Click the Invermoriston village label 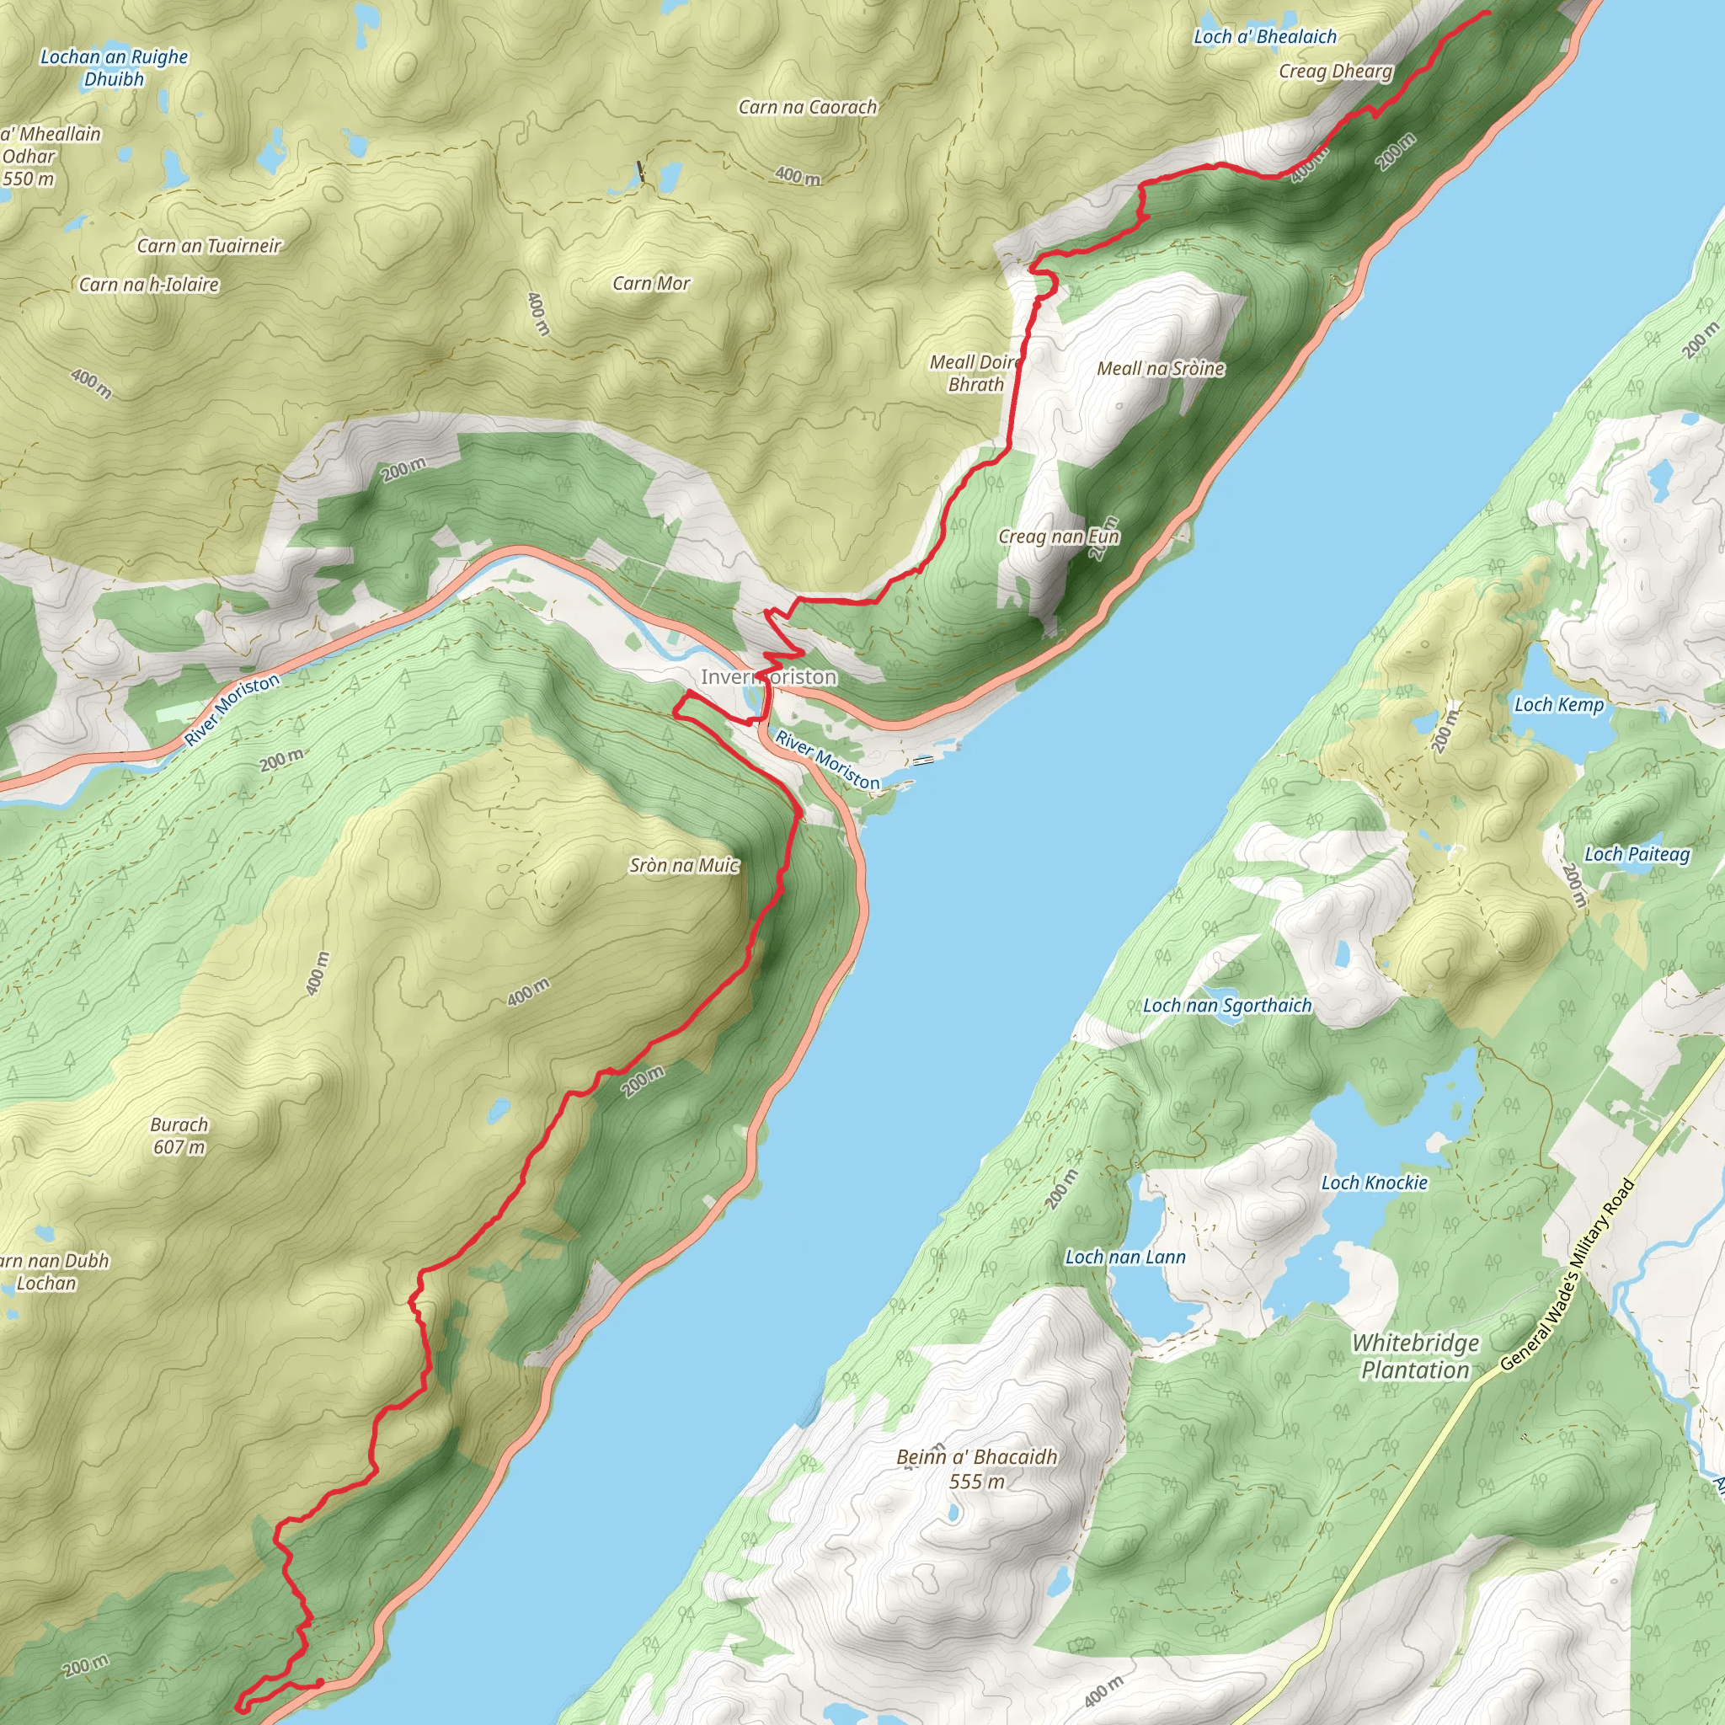(x=768, y=677)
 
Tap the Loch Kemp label (x=1559, y=704)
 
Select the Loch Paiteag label (x=1637, y=854)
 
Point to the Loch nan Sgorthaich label (x=1226, y=1006)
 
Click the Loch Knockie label (x=1374, y=1183)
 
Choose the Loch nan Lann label (x=1125, y=1258)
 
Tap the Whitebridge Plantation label (x=1415, y=1356)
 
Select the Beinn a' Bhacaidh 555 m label (x=976, y=1469)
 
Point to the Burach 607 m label (x=179, y=1135)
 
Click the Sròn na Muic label (x=684, y=865)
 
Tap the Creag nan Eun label (x=1058, y=537)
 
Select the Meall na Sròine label (x=1160, y=369)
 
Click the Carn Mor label (x=651, y=284)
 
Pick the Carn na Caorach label (x=807, y=107)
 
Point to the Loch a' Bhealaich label (x=1264, y=36)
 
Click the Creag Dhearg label (x=1335, y=72)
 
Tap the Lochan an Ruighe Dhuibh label (x=115, y=68)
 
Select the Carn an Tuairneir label (x=209, y=246)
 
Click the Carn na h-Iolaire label (x=149, y=285)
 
